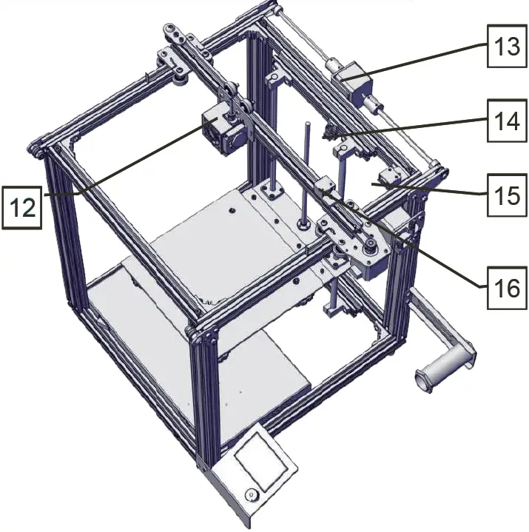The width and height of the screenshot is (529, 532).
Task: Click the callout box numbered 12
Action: tap(24, 206)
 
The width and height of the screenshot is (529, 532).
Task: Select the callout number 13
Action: tap(507, 47)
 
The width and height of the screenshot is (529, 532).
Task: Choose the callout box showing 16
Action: tap(507, 286)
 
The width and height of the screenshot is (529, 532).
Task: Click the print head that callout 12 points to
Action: tap(220, 127)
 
